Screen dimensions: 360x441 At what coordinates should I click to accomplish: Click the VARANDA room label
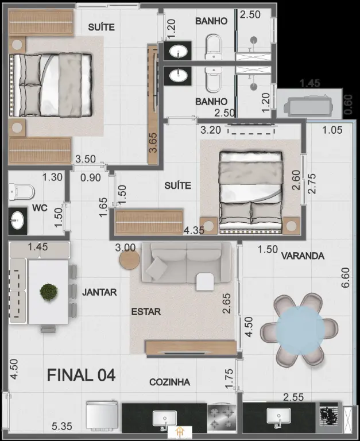click(x=303, y=256)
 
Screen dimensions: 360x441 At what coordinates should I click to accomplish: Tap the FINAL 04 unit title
click(x=81, y=375)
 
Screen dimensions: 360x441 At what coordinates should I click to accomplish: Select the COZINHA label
click(x=169, y=382)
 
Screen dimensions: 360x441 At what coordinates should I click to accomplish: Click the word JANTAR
click(x=99, y=292)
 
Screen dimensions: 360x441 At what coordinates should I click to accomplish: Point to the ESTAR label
click(x=146, y=312)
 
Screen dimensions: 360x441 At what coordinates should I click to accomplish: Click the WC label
click(x=40, y=208)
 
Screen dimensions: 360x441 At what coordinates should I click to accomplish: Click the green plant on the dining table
click(x=49, y=292)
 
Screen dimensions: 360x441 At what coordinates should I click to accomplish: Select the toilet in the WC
click(x=21, y=192)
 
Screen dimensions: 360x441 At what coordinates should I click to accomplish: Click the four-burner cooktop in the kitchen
click(x=222, y=418)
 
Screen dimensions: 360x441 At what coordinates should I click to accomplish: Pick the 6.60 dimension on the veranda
click(x=346, y=277)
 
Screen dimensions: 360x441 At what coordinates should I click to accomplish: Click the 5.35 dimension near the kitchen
click(x=62, y=426)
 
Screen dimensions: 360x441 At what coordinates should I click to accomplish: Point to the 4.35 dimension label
click(x=194, y=230)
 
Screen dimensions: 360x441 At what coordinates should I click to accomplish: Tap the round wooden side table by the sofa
click(x=129, y=260)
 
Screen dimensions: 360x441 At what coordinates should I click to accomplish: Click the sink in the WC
click(x=17, y=220)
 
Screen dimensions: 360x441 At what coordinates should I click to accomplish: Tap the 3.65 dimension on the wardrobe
click(x=153, y=142)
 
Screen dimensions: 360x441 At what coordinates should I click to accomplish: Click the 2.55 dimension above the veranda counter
click(x=293, y=397)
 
